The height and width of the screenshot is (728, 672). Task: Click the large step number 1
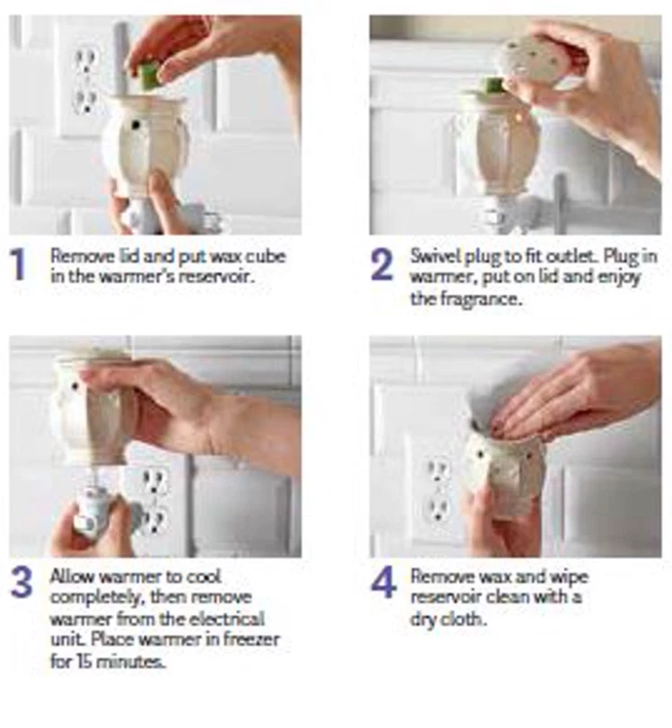click(x=19, y=264)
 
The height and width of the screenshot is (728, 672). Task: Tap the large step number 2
click(x=382, y=264)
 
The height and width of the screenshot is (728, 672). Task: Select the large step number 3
click(x=22, y=583)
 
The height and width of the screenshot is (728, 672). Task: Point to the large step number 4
click(x=383, y=583)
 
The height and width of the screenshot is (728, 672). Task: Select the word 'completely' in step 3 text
click(x=98, y=598)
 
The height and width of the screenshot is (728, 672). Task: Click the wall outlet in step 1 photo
click(x=86, y=82)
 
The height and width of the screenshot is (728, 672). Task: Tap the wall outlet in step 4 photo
click(x=438, y=490)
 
